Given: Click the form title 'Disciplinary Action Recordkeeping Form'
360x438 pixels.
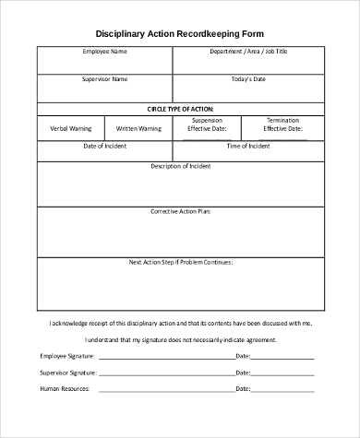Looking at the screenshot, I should [x=180, y=30].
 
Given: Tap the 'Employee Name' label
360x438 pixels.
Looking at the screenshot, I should [x=104, y=52].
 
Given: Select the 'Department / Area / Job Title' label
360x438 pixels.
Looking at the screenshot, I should [x=248, y=52].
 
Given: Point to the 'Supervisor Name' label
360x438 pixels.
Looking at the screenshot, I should [x=104, y=79].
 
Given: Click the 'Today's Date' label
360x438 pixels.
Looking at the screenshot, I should [x=248, y=79].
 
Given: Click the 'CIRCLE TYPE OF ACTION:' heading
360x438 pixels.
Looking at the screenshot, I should [x=180, y=108].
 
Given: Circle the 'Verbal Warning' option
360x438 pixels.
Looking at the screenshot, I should [x=70, y=129].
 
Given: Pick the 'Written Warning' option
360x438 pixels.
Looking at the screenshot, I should [x=138, y=129].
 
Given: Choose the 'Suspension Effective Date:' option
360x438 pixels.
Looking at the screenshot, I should [x=208, y=125].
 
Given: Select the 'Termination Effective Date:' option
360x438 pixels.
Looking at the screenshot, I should [x=282, y=125].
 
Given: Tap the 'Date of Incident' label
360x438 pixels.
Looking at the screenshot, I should [x=104, y=146].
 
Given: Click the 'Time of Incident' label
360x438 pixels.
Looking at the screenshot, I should [x=248, y=146].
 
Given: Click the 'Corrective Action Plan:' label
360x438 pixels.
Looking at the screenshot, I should [x=181, y=211].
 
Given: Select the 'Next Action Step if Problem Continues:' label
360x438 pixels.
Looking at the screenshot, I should [x=181, y=262].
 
